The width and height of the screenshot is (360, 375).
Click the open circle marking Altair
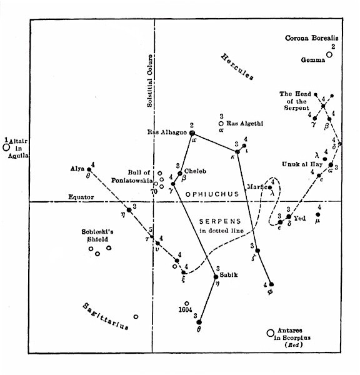point(6,148)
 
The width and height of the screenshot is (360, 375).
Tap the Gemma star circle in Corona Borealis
point(329,55)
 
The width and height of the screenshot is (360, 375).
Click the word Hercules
point(237,67)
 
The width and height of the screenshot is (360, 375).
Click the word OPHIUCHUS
point(212,195)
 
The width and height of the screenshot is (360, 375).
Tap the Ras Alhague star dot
point(192,133)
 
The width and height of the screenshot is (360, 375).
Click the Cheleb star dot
point(179,173)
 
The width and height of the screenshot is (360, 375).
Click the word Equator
point(81,197)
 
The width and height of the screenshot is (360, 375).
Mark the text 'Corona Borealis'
point(312,37)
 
